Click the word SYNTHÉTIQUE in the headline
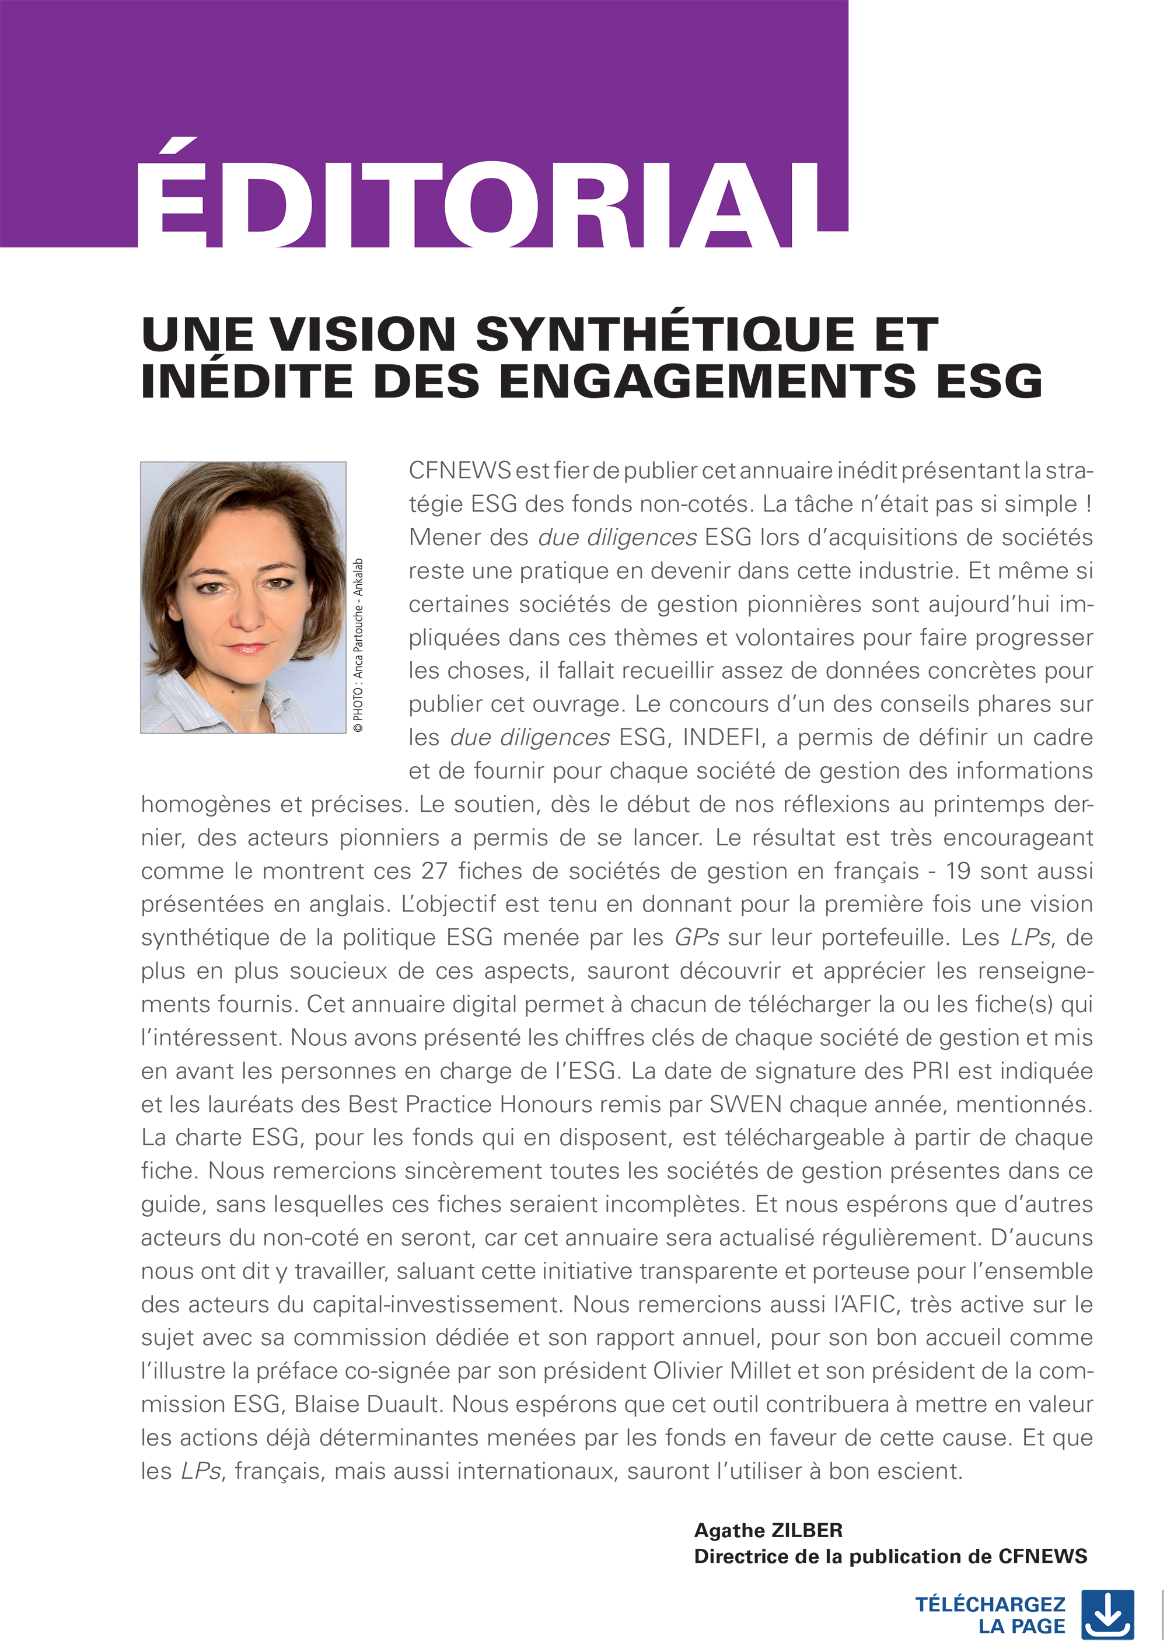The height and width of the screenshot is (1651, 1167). pyautogui.click(x=665, y=334)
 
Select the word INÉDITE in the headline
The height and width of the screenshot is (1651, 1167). pyautogui.click(x=247, y=381)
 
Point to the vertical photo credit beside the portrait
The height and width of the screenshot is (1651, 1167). pyautogui.click(x=358, y=645)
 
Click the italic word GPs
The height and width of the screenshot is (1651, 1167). pyautogui.click(x=696, y=938)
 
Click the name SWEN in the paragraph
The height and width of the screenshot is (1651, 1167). pyautogui.click(x=746, y=1105)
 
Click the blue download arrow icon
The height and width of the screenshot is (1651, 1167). pyautogui.click(x=1107, y=1615)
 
